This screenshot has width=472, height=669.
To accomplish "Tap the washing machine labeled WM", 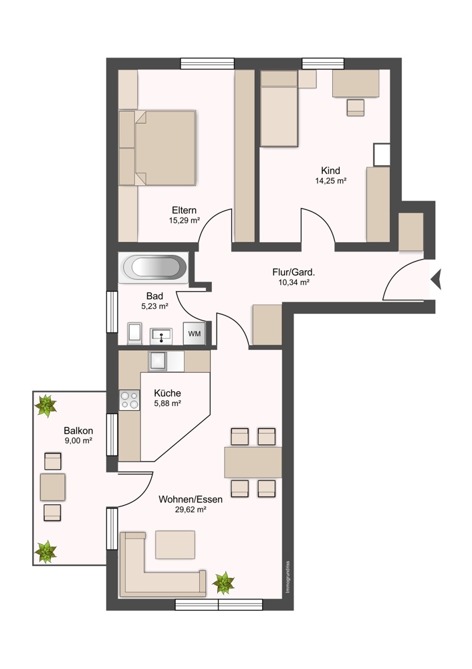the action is (195, 333).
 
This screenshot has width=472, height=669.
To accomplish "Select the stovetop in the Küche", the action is (130, 400).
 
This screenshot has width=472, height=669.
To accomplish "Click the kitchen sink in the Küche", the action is (157, 361).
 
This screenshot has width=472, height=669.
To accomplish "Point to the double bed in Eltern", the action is (157, 148).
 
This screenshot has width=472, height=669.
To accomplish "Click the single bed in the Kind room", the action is (279, 109).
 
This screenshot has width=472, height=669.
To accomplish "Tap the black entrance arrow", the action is (436, 280).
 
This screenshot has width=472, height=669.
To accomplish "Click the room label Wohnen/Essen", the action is (191, 499).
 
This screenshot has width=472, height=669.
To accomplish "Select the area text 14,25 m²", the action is (330, 181).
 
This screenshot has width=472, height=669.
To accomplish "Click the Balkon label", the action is (78, 431).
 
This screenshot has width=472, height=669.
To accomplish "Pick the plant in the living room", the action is (223, 583).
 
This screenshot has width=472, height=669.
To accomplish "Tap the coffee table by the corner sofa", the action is (175, 545).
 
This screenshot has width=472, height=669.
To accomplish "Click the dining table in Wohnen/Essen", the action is (253, 462).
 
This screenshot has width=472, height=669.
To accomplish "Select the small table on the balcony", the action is (52, 487).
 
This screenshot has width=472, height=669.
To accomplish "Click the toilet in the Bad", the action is (135, 332).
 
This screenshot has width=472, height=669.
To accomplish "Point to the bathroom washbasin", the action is (161, 337).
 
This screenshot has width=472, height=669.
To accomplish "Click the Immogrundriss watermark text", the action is (287, 577).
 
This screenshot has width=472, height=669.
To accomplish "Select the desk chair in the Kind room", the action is (356, 108).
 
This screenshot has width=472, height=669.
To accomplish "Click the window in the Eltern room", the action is (207, 64).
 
